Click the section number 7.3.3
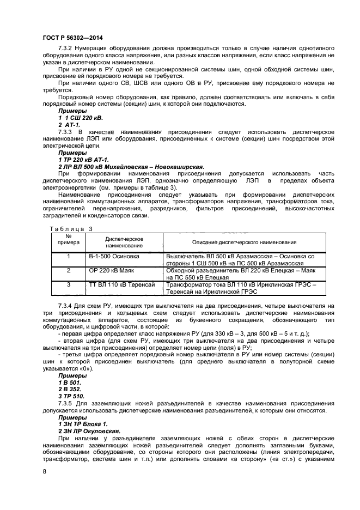(65, 132)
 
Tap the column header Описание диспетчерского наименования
(245, 242)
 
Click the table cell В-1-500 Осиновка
(114, 256)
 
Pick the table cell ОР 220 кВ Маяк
(111, 270)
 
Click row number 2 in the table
(69, 270)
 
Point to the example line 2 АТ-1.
(69, 125)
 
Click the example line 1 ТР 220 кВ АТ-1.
(83, 160)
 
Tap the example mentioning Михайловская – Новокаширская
(131, 167)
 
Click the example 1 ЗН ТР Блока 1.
(83, 423)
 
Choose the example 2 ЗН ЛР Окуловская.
(89, 430)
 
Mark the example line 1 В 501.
(69, 382)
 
